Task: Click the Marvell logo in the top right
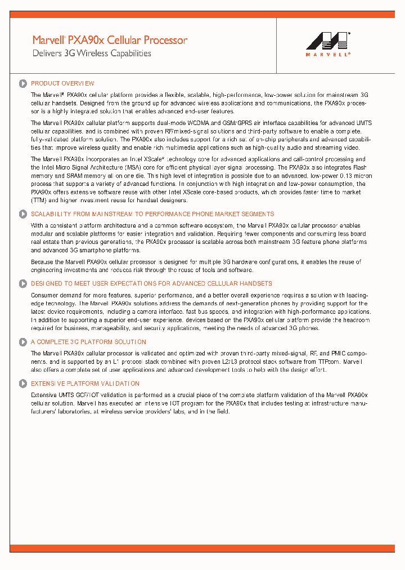coord(328,44)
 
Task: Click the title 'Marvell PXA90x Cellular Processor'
coord(110,40)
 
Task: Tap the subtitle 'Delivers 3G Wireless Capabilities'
coord(92,54)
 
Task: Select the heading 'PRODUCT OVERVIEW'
coord(62,83)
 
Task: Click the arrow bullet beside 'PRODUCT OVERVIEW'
coord(22,83)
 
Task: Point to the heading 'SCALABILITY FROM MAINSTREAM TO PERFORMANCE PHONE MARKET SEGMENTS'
coord(152,214)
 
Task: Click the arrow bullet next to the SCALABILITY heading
coord(22,214)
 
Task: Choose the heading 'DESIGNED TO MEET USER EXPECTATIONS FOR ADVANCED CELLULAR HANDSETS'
coord(151,284)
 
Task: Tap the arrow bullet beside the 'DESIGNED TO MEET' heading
coord(22,284)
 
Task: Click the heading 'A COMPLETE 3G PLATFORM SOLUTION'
coord(88,342)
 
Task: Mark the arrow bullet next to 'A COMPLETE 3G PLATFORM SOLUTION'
coord(22,342)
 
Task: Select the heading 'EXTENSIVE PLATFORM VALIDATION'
coord(85,384)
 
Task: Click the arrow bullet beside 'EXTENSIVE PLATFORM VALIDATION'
coord(22,384)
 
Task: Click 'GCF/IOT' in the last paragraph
coord(89,395)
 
